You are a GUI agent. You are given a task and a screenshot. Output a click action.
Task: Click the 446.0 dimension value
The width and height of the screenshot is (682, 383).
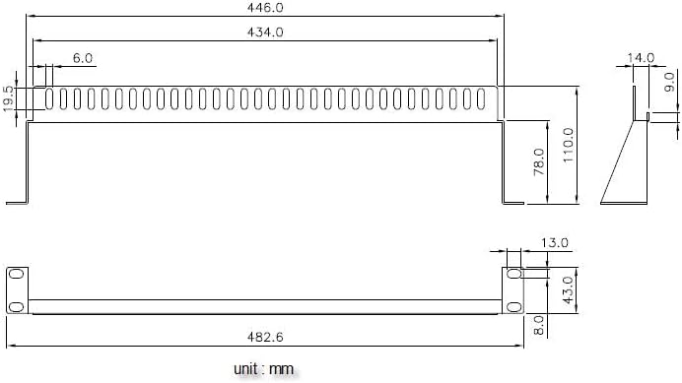pos(265,8)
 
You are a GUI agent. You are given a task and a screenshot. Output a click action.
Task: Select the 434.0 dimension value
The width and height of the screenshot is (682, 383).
pos(265,32)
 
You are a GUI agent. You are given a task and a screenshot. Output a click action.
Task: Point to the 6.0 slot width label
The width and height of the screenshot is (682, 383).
pos(83,58)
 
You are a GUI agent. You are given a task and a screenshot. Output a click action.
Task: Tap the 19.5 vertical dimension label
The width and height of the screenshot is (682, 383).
pos(8,98)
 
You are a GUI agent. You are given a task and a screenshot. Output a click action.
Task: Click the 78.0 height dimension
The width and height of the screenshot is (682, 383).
pos(539,161)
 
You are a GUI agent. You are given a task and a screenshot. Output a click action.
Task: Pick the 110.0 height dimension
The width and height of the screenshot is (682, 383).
pos(568,145)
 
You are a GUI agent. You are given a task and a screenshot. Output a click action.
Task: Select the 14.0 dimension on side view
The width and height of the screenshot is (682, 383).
pos(641,57)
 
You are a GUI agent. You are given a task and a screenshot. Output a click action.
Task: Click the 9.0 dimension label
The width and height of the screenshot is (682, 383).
pos(670,82)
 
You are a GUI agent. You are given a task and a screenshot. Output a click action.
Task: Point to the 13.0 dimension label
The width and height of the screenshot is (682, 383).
pos(555,242)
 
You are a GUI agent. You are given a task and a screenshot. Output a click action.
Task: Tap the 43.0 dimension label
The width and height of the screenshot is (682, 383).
pos(568,290)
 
